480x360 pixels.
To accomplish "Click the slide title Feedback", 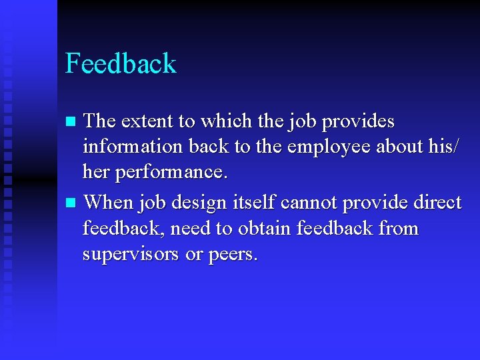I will pyautogui.click(x=121, y=64).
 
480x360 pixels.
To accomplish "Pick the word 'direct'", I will pyautogui.click(x=436, y=201).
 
